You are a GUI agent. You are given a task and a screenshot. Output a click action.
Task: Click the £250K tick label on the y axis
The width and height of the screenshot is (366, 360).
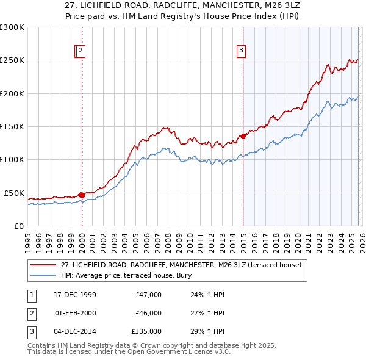[12, 60]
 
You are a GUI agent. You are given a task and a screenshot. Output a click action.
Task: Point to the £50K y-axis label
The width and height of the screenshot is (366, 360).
[14, 193]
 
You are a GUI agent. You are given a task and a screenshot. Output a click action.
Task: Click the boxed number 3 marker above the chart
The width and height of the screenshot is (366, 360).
[242, 51]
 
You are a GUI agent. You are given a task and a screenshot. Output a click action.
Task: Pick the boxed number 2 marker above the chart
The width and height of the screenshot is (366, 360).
[81, 51]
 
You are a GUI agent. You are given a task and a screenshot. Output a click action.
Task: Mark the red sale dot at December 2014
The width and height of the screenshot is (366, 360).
[243, 136]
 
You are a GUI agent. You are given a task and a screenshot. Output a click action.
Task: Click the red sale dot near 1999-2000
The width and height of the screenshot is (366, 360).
[81, 195]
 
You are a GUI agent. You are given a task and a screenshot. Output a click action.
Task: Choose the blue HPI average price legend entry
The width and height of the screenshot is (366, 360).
[126, 276]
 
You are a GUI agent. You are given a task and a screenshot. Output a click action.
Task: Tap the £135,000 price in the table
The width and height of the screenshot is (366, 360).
[146, 331]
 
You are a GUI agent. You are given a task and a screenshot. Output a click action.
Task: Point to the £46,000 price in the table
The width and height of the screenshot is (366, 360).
[148, 313]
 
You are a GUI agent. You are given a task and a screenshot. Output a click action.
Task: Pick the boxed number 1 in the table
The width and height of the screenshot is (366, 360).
[30, 295]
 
